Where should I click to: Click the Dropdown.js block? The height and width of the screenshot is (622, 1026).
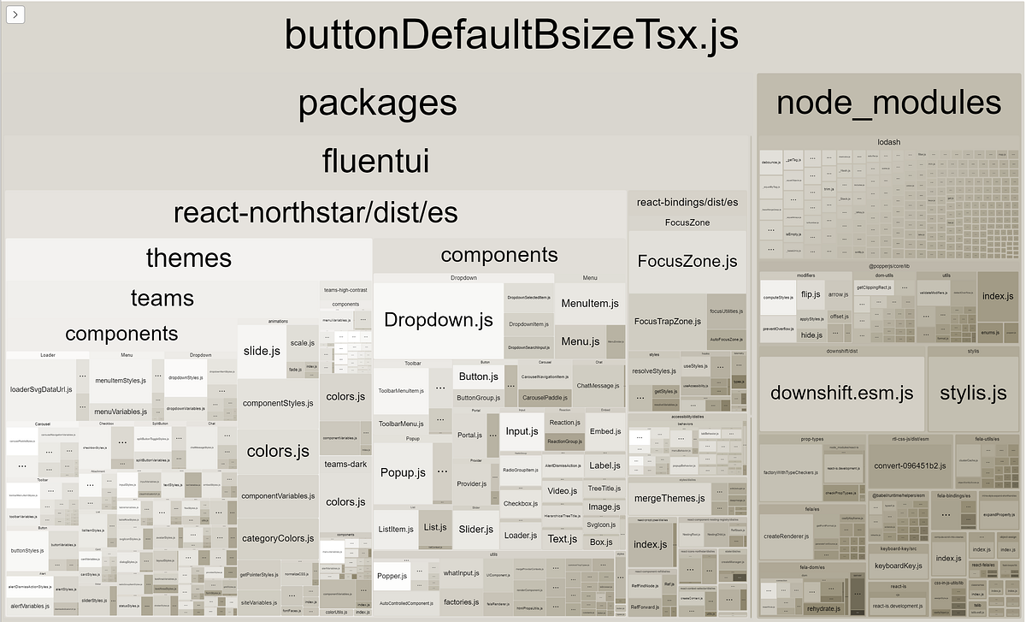click(x=438, y=321)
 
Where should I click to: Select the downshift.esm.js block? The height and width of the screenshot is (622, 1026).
click(x=841, y=394)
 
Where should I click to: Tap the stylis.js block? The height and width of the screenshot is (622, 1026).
click(x=973, y=394)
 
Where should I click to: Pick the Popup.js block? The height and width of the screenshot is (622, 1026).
click(x=403, y=472)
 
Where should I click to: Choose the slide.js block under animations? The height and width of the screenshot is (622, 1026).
click(x=262, y=351)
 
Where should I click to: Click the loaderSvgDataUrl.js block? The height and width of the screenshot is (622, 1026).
click(x=41, y=389)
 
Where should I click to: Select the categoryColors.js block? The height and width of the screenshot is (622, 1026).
click(x=279, y=539)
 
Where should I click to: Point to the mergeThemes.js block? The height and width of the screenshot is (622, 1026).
click(x=669, y=498)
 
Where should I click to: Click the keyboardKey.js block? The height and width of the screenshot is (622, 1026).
click(x=898, y=566)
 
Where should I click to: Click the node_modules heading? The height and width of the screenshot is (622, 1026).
click(x=888, y=103)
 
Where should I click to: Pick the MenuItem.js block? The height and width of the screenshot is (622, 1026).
click(x=590, y=304)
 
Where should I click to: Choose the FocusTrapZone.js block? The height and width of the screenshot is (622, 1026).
click(x=667, y=322)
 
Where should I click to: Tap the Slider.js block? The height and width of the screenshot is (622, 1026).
click(x=476, y=530)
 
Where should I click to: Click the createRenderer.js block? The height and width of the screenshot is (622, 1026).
click(x=787, y=536)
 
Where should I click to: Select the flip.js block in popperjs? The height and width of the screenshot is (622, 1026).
click(x=811, y=294)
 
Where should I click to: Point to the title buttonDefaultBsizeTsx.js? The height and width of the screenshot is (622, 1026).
click(x=510, y=36)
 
